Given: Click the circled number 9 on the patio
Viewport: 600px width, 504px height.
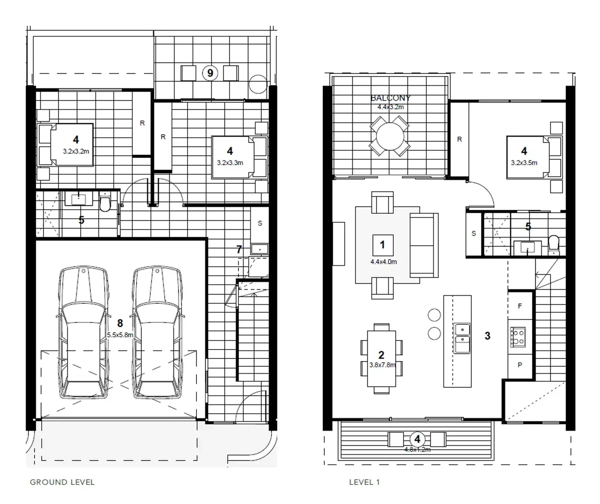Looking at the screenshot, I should pos(210,73).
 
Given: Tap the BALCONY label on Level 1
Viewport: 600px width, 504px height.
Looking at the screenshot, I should pos(391,98).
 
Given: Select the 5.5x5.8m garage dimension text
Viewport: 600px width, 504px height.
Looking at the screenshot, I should pos(120,335).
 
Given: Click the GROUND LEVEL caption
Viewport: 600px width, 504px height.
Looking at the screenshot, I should pos(62,482).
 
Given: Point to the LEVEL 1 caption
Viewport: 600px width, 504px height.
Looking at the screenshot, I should pos(364,482).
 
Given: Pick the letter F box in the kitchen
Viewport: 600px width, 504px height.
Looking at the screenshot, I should pos(520,306).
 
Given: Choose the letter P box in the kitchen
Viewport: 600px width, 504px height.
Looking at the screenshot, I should pos(520,364).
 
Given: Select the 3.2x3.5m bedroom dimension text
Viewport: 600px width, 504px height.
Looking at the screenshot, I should pos(524,163).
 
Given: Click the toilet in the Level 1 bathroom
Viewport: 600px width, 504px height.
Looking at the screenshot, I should pos(553,244).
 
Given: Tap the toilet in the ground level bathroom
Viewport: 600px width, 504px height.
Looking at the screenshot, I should pos(105,203).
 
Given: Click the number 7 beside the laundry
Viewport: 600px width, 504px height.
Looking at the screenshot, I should pos(239,250).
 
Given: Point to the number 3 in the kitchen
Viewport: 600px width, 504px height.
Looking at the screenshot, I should pos(488,336).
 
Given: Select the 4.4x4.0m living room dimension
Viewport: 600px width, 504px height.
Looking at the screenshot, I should pos(384,262).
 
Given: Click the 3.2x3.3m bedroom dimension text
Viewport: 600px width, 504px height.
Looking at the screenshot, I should pos(230,163).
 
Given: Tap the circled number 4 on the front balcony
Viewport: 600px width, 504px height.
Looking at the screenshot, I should pos(417,439).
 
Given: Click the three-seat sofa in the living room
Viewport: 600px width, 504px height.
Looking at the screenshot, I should pos(423,245).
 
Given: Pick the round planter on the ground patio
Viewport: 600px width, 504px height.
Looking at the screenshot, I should pos(257,84).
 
